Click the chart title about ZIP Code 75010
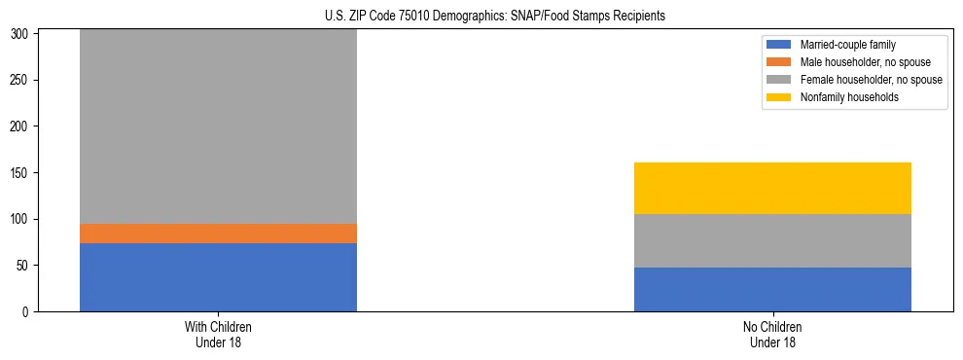click(x=495, y=17)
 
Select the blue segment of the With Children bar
click(x=218, y=277)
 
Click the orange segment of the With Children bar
click(x=218, y=234)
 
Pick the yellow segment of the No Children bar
click(x=772, y=188)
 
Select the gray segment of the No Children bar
click(x=772, y=240)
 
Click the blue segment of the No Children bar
click(x=772, y=289)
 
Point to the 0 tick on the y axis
click(x=26, y=312)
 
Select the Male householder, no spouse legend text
click(x=859, y=62)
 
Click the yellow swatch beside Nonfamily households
click(x=779, y=97)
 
